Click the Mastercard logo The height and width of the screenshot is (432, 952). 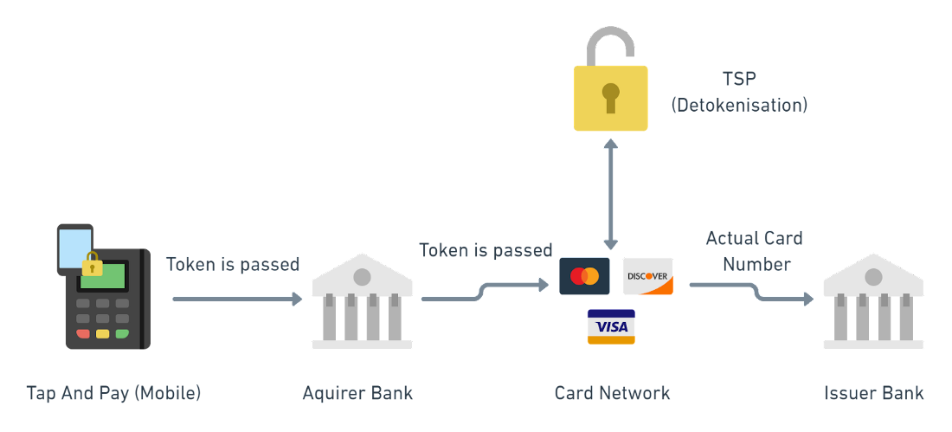point(584,276)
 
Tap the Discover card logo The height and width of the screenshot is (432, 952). point(647,276)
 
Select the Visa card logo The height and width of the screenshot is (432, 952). point(611,326)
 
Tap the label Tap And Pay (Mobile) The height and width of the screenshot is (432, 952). point(113,393)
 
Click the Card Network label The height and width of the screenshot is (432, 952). point(612,393)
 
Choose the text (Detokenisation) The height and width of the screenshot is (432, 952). point(739,106)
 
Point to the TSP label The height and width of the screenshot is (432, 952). point(740,79)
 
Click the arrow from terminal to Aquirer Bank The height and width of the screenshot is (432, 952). point(237,299)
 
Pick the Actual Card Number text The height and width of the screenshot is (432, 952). point(754,251)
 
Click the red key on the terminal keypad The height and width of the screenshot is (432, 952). point(83,333)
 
